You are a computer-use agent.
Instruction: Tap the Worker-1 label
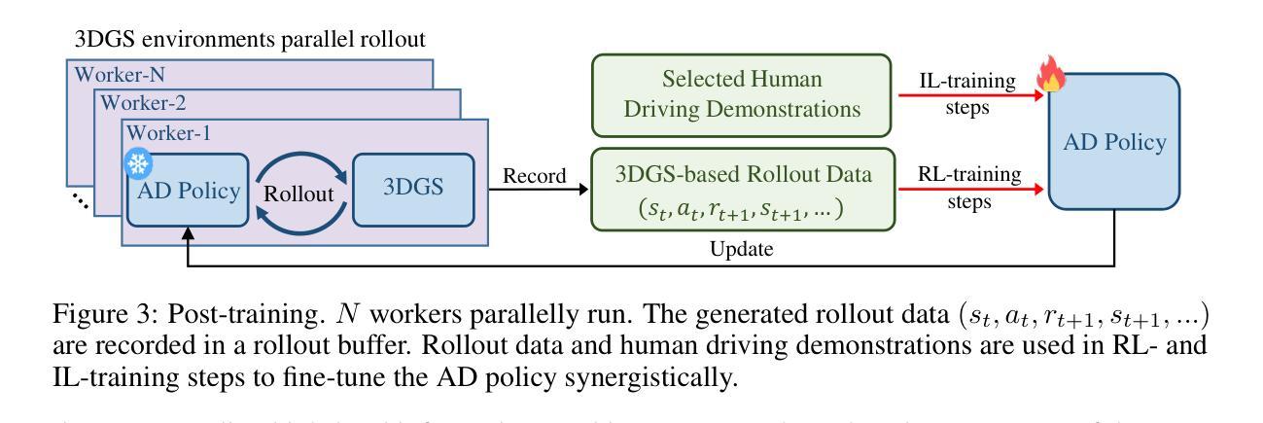point(164,131)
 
